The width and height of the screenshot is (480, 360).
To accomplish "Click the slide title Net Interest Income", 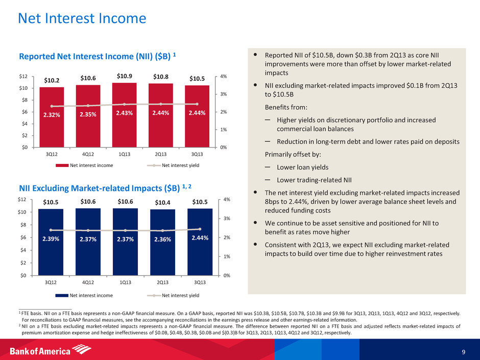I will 82,19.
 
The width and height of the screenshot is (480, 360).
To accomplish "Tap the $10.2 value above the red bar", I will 52,80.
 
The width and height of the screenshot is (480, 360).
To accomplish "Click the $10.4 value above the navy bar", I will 163,203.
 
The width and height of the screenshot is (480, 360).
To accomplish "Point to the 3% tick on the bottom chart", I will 228,219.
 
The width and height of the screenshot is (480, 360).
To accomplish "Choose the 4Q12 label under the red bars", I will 88,154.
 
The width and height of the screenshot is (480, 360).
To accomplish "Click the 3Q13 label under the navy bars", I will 200,282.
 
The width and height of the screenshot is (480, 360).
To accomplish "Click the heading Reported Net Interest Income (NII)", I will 97,55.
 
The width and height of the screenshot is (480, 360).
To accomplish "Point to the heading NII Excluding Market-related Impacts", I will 102,188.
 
